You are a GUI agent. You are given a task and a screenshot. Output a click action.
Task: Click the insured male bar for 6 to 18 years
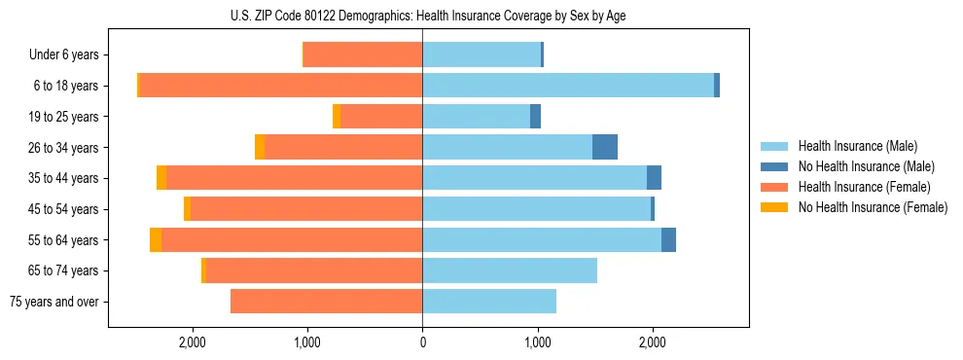[568, 86]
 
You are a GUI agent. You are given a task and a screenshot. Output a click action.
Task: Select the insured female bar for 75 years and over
[326, 302]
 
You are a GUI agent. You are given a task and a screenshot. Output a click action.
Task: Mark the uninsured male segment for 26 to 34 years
[605, 147]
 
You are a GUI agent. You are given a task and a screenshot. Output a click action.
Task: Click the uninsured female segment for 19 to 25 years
[337, 117]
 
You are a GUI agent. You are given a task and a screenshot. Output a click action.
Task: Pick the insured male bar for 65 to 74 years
[510, 270]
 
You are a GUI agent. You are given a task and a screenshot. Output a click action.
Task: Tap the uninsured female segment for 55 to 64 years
[156, 240]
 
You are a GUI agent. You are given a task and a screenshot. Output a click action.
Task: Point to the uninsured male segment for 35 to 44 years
[655, 178]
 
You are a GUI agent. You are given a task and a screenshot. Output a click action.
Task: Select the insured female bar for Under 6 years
[363, 55]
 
